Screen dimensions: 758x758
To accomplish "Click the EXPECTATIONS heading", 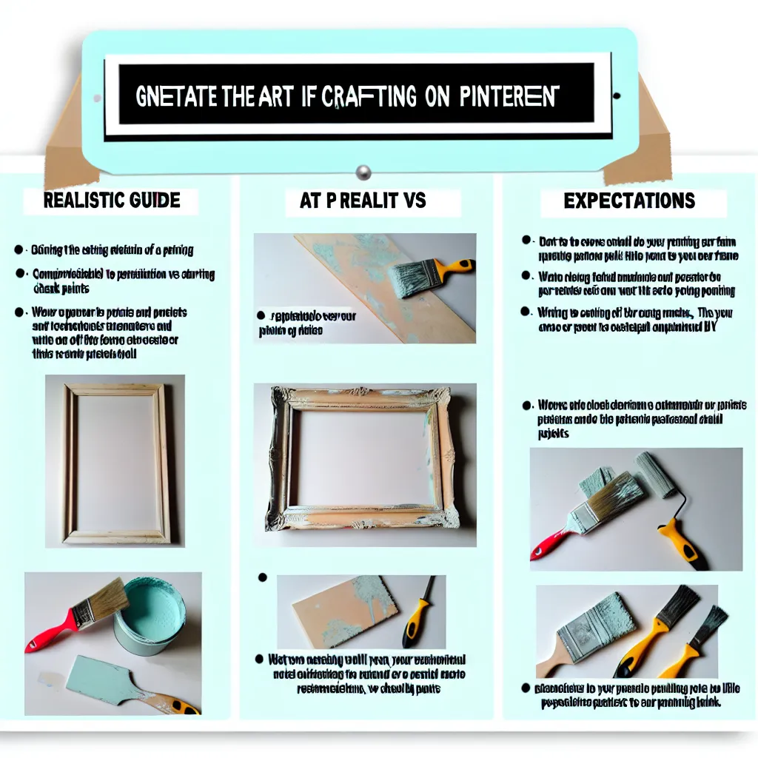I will click(x=628, y=201).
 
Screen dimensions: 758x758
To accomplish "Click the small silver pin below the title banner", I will click(x=363, y=172).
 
